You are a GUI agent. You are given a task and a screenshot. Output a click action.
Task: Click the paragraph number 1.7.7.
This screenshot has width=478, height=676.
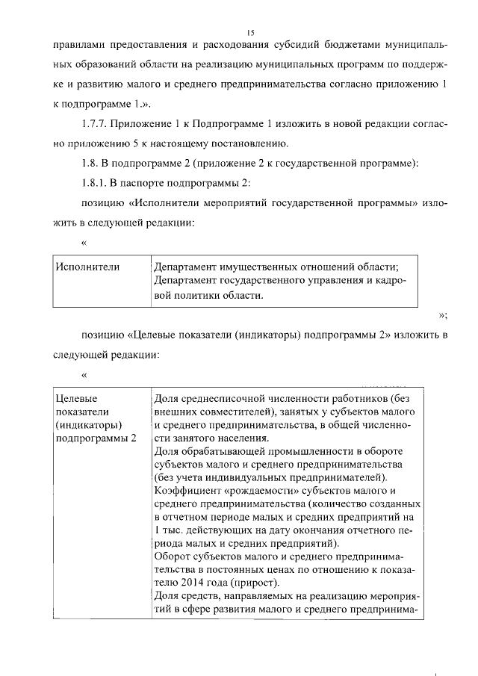(x=96, y=123)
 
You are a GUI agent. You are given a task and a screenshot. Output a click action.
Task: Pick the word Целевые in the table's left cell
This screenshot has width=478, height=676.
(x=77, y=399)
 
